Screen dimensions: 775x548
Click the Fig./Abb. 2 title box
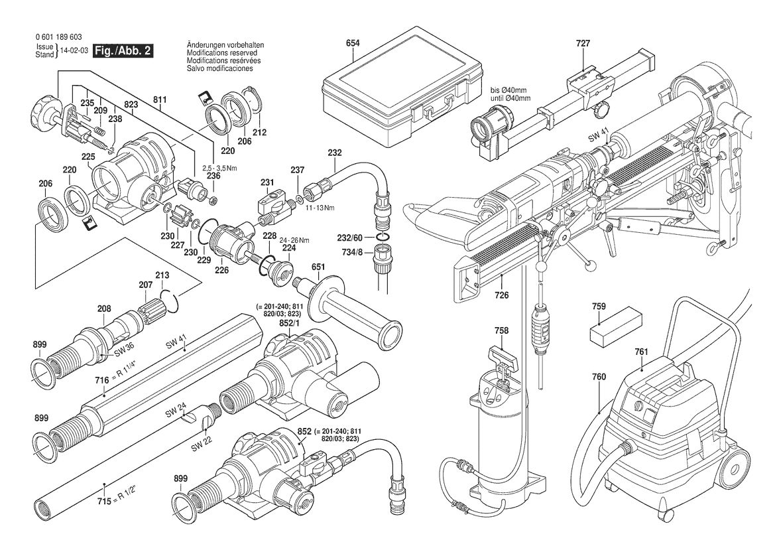[x=123, y=50]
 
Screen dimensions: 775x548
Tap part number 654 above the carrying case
[x=353, y=43]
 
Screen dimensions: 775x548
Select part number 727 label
[x=583, y=44]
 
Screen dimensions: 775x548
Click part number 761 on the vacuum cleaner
[x=641, y=352]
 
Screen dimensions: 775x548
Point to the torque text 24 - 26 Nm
[x=294, y=240]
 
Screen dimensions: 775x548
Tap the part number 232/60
[x=349, y=238]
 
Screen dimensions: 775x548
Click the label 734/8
[x=352, y=252]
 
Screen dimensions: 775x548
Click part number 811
[x=160, y=100]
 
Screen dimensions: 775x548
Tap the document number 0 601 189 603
[x=59, y=37]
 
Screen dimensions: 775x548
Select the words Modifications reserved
[x=222, y=52]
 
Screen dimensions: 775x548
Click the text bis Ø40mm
[x=508, y=90]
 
